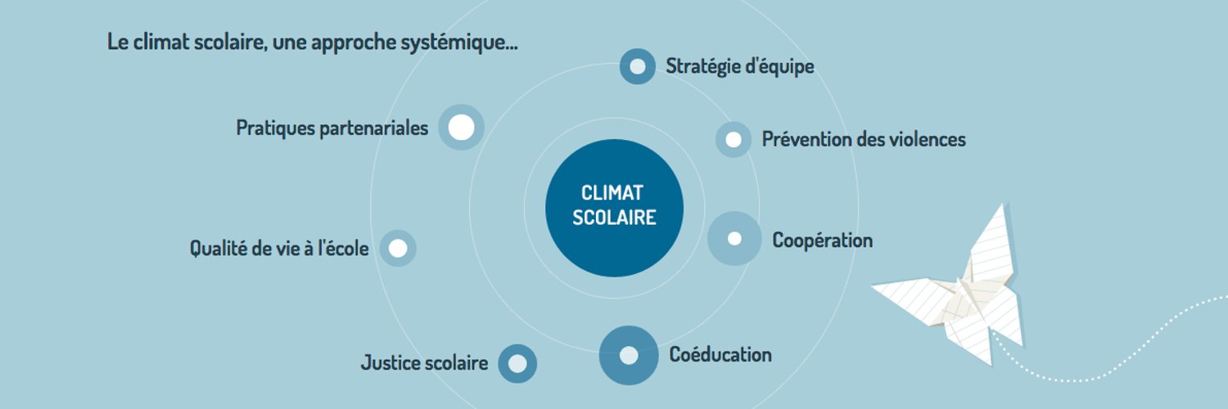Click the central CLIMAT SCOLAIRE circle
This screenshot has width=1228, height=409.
pyautogui.click(x=614, y=208)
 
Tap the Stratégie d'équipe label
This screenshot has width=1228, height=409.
pyautogui.click(x=739, y=67)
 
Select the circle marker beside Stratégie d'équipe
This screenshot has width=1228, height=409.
pyautogui.click(x=637, y=66)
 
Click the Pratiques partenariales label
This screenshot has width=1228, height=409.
pyautogui.click(x=332, y=128)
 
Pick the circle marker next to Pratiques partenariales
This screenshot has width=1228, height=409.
pyautogui.click(x=461, y=127)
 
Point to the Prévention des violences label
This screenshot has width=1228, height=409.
pyautogui.click(x=864, y=139)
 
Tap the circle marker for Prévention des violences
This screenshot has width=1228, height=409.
pyautogui.click(x=733, y=140)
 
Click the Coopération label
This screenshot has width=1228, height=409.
pyautogui.click(x=822, y=241)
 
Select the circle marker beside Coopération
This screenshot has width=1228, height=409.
pyautogui.click(x=734, y=239)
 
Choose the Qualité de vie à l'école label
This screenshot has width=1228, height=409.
pyautogui.click(x=279, y=248)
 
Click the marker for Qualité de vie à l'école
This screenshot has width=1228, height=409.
pyautogui.click(x=397, y=248)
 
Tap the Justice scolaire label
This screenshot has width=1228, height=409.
pyautogui.click(x=424, y=363)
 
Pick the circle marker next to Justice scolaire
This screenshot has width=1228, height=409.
pyautogui.click(x=517, y=363)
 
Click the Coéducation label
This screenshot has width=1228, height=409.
pyautogui.click(x=720, y=355)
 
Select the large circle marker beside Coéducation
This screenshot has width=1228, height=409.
pyautogui.click(x=628, y=355)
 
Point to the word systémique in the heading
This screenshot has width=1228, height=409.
pyautogui.click(x=458, y=43)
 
